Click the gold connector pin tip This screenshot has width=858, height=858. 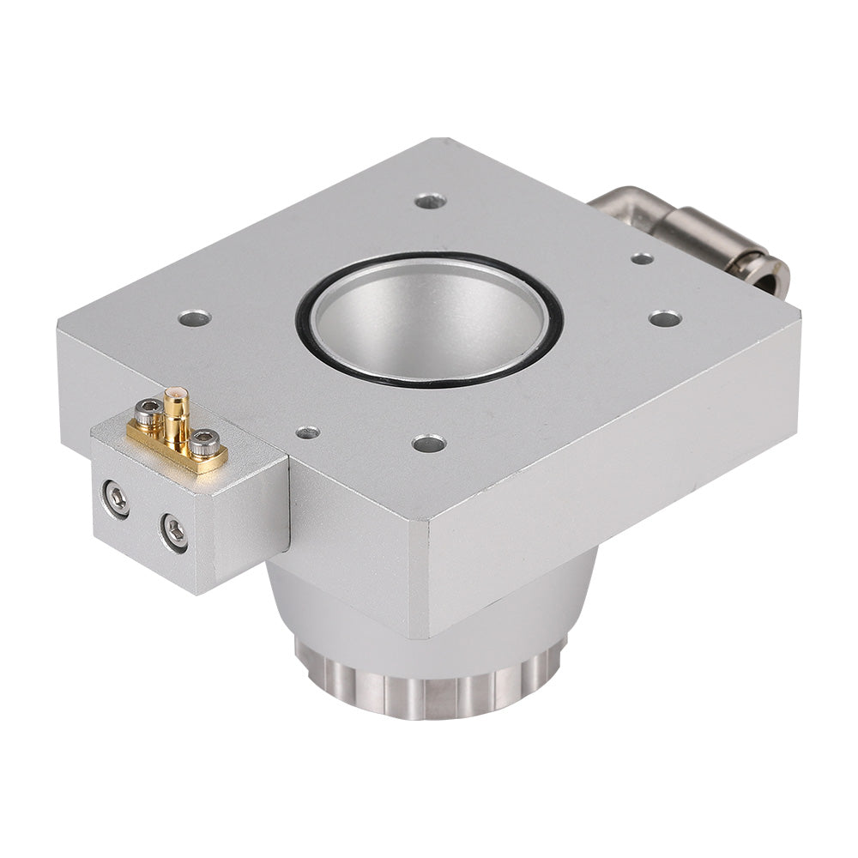click(x=175, y=394)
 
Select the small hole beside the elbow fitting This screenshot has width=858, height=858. click(x=641, y=258)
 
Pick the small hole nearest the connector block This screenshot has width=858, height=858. click(x=307, y=432)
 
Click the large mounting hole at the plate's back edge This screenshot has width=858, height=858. click(x=430, y=201)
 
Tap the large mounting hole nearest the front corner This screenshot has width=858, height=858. click(x=428, y=444)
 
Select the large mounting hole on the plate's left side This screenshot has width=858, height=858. click(x=195, y=318)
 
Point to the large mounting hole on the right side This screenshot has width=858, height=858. click(x=665, y=318)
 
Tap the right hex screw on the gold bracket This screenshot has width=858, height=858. click(x=203, y=443)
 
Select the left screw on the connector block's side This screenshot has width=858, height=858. click(x=116, y=498)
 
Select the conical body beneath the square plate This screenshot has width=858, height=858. click(x=343, y=601)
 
